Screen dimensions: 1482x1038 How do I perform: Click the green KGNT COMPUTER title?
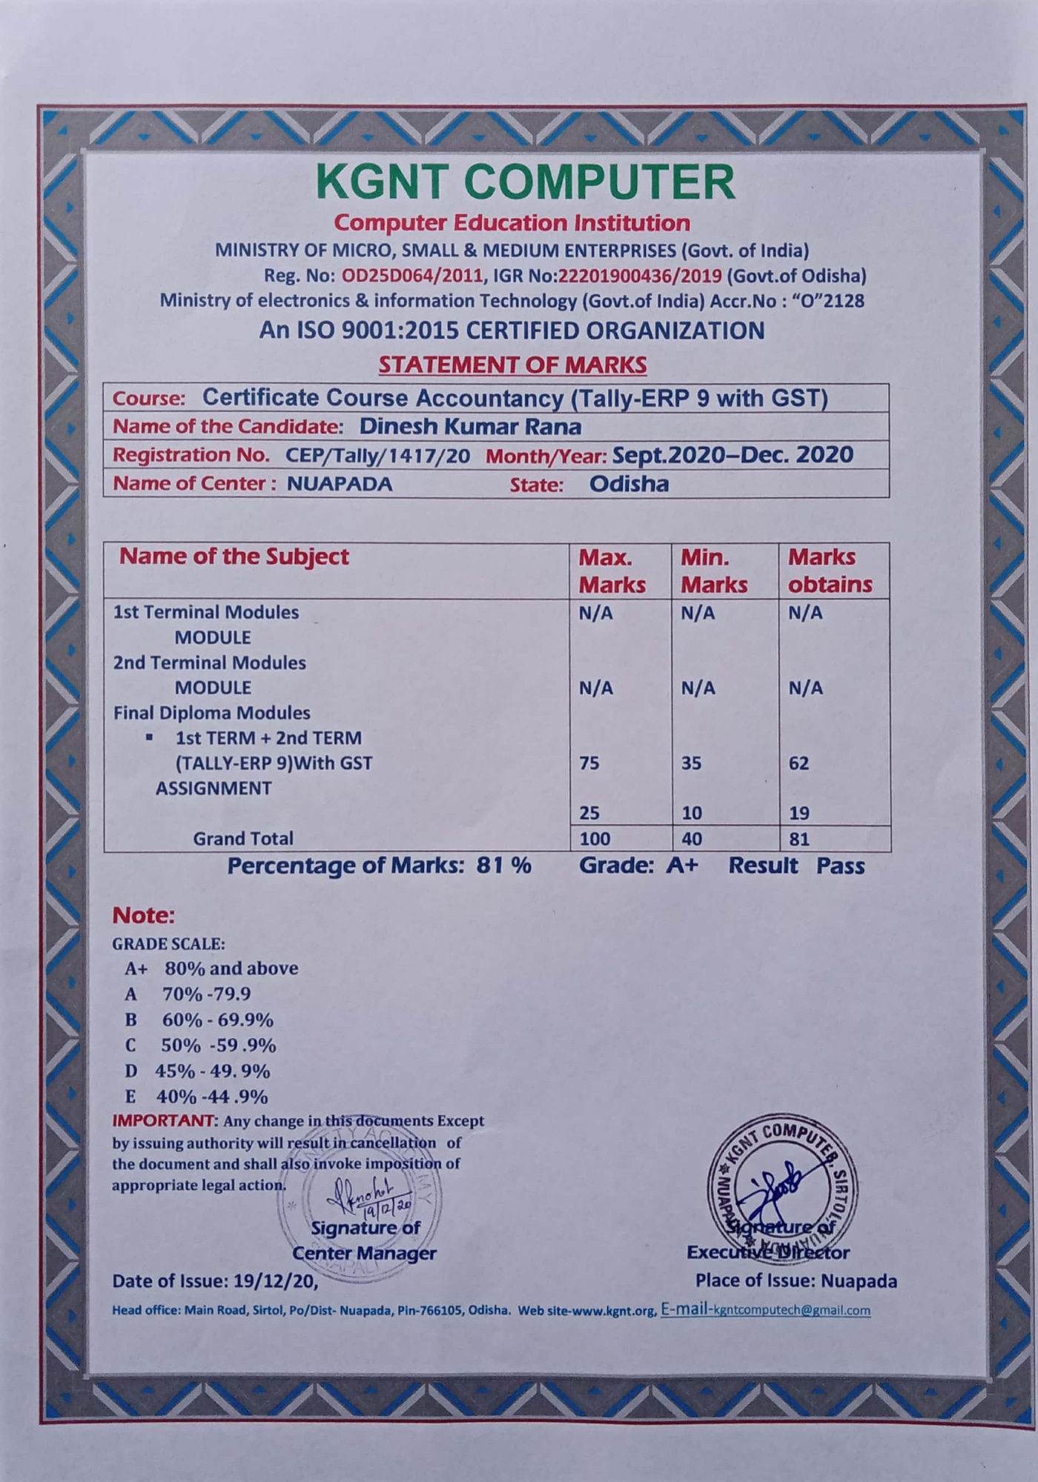click(525, 182)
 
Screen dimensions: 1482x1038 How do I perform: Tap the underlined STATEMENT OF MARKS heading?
click(512, 365)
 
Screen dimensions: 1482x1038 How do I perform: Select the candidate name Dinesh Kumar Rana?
click(470, 426)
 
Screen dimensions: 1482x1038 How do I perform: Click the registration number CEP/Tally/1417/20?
click(377, 456)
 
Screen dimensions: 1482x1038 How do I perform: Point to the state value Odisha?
click(629, 485)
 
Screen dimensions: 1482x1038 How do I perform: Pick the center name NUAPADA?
click(340, 484)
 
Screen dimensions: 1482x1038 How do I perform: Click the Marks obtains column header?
click(830, 571)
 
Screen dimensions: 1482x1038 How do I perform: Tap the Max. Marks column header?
click(612, 571)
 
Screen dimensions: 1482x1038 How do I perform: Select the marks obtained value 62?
click(799, 763)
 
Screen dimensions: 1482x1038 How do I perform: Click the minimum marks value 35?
click(691, 763)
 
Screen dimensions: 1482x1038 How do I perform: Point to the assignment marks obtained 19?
click(799, 813)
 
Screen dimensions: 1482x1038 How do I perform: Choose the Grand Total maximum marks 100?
click(595, 839)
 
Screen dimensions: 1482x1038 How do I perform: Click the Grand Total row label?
click(242, 838)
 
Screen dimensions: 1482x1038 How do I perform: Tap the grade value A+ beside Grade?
click(682, 865)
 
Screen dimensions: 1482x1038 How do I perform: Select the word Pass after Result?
click(840, 865)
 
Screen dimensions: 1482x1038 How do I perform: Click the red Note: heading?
click(143, 916)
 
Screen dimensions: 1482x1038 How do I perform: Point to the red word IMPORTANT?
click(162, 1120)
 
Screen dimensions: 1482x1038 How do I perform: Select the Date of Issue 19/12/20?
click(275, 1280)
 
